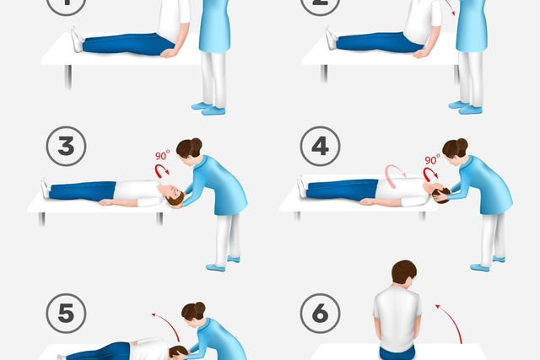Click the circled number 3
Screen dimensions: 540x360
(66, 146)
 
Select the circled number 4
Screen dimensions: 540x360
(321, 146)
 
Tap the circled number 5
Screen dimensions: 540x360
(66, 313)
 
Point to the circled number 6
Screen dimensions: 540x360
(321, 313)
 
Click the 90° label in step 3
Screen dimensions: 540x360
(162, 155)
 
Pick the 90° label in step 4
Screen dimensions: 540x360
(432, 159)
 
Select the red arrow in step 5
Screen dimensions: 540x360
(168, 325)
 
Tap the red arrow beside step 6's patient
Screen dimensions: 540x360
(451, 322)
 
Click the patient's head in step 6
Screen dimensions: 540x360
(404, 272)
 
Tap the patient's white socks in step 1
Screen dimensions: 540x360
(77, 40)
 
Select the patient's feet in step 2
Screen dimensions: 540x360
(332, 38)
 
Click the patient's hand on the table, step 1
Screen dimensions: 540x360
(170, 53)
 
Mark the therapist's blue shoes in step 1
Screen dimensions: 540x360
(208, 109)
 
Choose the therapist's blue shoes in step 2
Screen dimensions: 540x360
(466, 107)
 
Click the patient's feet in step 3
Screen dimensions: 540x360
(45, 188)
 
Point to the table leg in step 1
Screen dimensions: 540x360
(68, 77)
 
